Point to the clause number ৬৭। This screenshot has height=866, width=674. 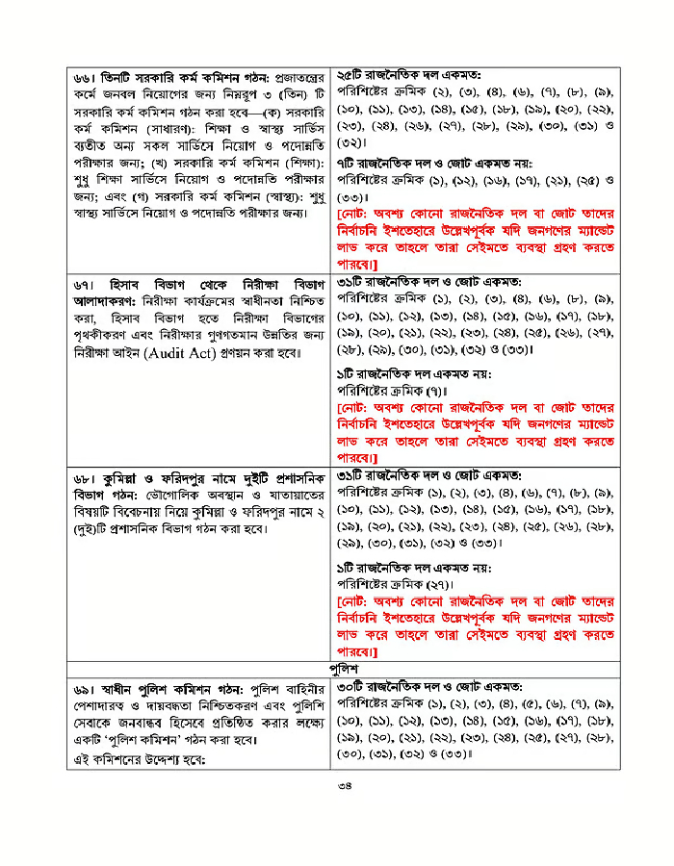click(90, 286)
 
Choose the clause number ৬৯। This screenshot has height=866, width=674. click(90, 690)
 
